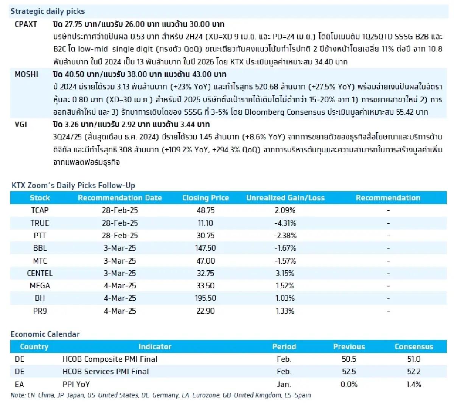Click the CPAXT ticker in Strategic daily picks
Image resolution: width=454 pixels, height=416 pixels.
[x=26, y=24]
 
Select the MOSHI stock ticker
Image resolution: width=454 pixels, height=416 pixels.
[x=26, y=74]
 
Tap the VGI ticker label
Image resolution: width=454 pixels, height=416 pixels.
[x=21, y=125]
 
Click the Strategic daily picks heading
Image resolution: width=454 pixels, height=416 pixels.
[x=48, y=11]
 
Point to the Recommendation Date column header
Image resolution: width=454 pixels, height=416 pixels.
[x=120, y=198]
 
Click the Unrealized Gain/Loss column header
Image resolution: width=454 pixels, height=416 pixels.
[x=285, y=198]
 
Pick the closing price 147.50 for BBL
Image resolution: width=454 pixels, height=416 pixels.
[x=205, y=248]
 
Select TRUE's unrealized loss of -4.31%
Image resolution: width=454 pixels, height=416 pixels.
[x=285, y=223]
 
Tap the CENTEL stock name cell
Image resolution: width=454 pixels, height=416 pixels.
[x=40, y=273]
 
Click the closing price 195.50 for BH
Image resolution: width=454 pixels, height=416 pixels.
[x=205, y=298]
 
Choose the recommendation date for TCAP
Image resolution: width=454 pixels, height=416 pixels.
[x=120, y=210]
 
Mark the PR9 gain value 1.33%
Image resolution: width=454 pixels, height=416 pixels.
[x=285, y=311]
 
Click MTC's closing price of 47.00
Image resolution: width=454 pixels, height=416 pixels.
[x=205, y=261]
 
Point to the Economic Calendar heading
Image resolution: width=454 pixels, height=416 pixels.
[x=45, y=334]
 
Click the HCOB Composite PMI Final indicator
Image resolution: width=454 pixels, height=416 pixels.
[x=110, y=359]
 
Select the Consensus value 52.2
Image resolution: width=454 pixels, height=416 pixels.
[x=414, y=372]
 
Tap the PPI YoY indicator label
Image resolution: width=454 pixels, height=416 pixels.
[x=76, y=385]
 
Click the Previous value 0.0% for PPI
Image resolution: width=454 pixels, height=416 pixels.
[x=348, y=385]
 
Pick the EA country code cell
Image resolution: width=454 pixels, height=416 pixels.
[x=19, y=385]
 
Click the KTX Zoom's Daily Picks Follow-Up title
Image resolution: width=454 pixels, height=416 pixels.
[x=73, y=185]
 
